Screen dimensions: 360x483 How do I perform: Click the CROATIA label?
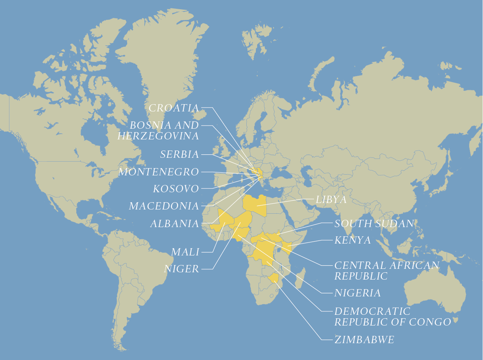point(174,108)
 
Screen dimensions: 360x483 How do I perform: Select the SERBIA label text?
point(179,154)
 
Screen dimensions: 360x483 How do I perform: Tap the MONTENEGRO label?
point(159,172)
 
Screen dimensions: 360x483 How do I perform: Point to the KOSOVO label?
point(176,189)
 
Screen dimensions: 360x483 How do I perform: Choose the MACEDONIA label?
point(164,206)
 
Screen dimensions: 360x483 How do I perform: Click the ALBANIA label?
point(174,224)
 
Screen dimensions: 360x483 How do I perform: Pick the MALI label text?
point(185,252)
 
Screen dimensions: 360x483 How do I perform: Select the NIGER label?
point(182,269)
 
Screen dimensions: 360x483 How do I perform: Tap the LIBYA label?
point(331,200)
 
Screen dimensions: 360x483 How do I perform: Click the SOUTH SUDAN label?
point(374,224)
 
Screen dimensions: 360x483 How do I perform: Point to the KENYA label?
point(353,240)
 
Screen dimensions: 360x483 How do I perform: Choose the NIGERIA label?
point(358,293)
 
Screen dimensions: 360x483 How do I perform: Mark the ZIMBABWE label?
point(364,340)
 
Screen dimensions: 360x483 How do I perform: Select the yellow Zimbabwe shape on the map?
point(274,278)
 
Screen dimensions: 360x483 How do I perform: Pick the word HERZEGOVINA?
point(158,136)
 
